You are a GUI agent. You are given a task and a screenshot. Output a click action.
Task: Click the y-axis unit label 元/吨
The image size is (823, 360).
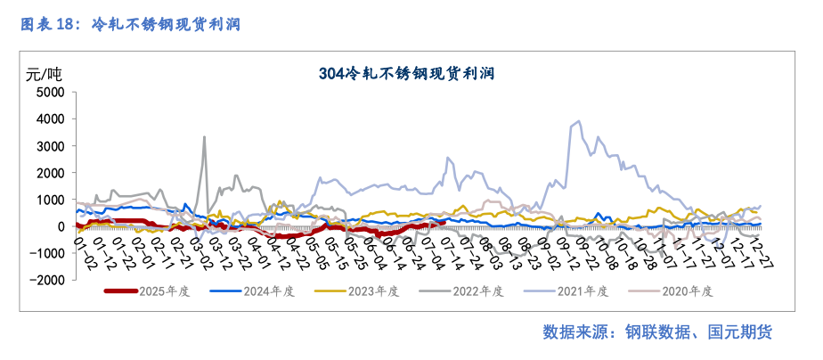[45, 73]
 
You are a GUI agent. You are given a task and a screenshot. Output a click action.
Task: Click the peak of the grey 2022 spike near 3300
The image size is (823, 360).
[205, 137]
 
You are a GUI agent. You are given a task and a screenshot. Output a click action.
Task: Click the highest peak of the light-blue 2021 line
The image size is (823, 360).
[580, 121]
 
